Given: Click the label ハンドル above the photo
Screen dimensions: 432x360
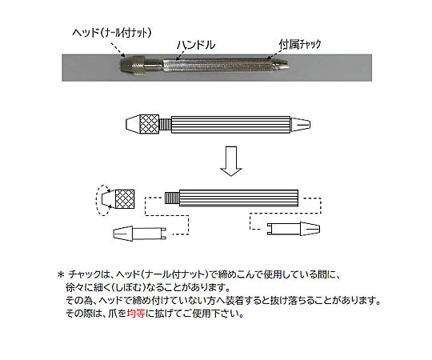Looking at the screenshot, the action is (x=196, y=45).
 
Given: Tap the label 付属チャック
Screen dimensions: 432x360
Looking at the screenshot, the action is (x=300, y=44).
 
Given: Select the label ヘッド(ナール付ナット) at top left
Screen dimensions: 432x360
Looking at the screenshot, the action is (x=112, y=33).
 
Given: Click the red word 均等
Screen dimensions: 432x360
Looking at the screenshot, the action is (x=136, y=313).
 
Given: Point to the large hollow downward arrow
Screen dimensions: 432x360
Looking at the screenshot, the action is (x=231, y=161).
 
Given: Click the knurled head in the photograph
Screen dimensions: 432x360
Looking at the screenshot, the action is (x=133, y=65).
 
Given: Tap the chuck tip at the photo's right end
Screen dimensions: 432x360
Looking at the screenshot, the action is (x=281, y=66).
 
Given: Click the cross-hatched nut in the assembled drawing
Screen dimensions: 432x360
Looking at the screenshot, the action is (x=150, y=124).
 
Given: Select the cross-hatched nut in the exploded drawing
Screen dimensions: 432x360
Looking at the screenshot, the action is (x=125, y=199).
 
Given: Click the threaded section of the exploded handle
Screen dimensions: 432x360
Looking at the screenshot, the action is (x=172, y=198).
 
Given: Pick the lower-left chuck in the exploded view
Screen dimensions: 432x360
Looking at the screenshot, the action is (x=140, y=234).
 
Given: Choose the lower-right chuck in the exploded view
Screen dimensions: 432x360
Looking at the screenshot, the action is (x=294, y=229).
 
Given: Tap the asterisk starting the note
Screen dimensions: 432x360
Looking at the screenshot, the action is (x=60, y=274).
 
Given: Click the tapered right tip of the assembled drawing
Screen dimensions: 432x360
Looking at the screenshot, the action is (x=301, y=125).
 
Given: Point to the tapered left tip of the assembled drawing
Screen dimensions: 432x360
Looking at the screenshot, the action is (x=133, y=124).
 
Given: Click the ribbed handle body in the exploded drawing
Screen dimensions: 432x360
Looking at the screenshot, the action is (x=238, y=198).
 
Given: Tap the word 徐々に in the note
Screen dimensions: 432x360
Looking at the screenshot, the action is (x=80, y=287).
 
